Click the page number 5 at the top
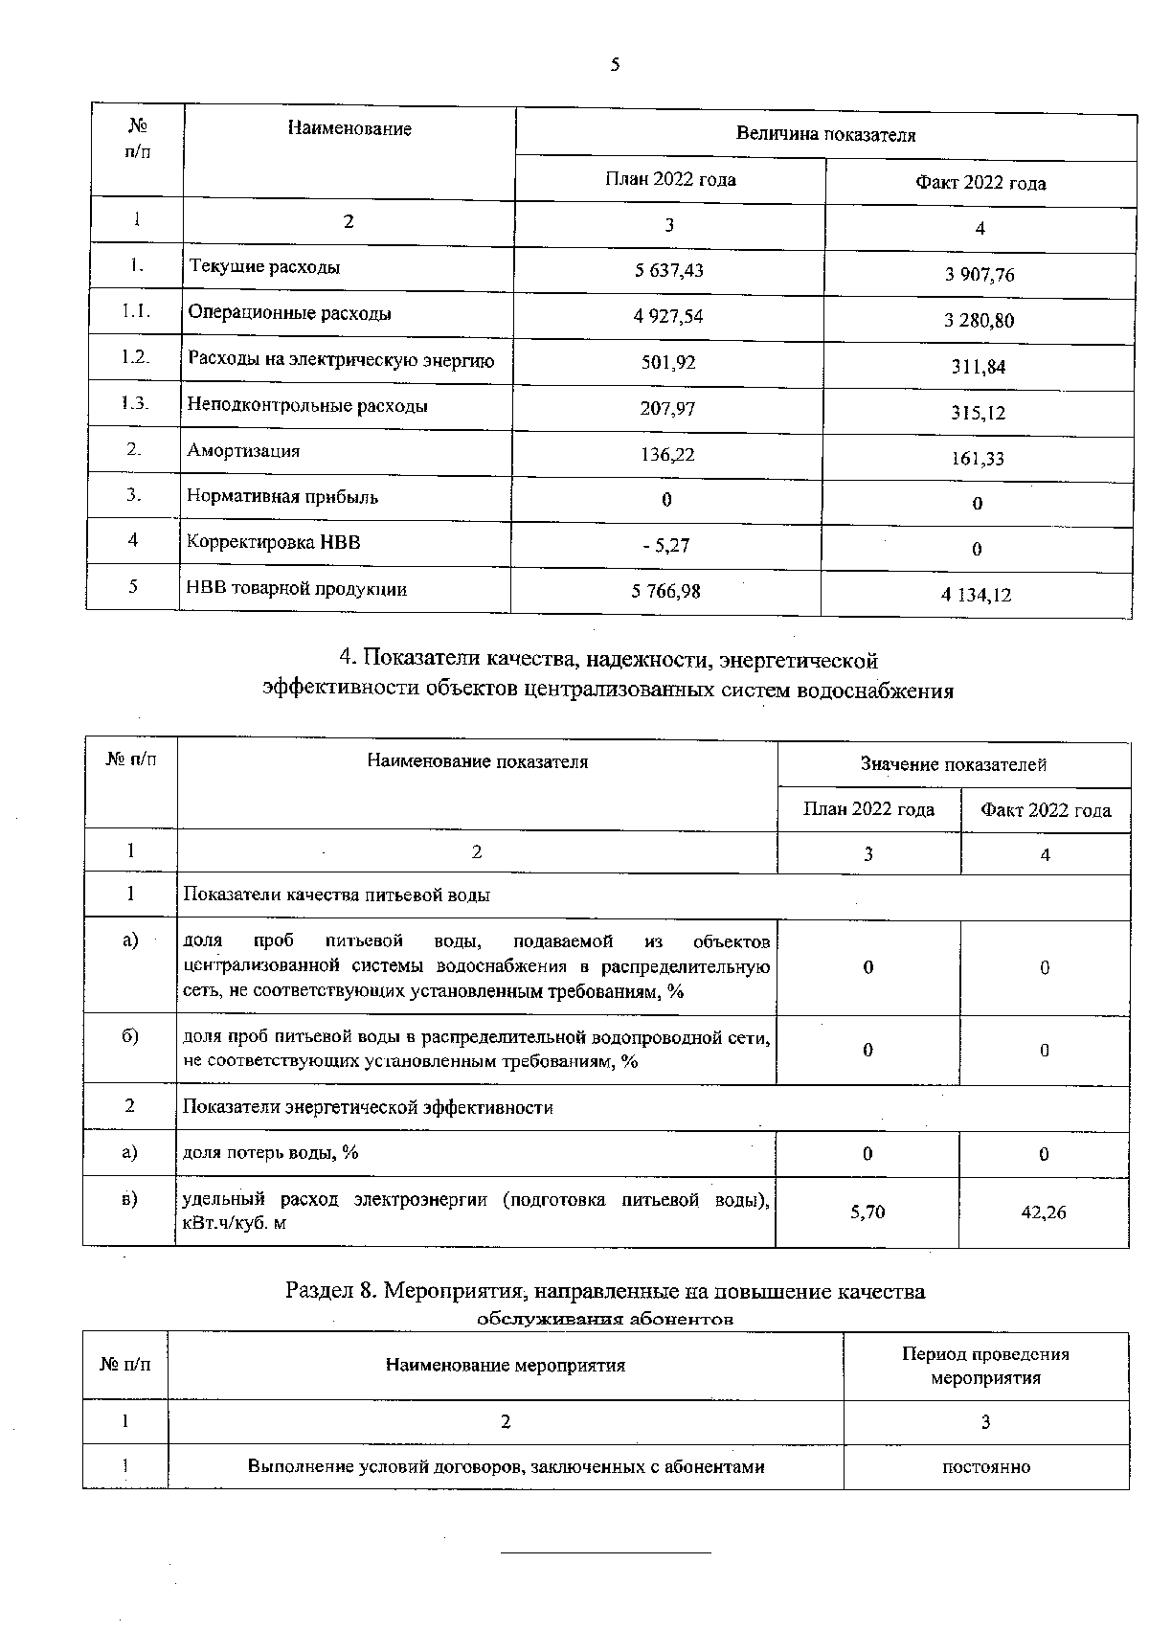pyautogui.click(x=615, y=65)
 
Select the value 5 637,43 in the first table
pyautogui.click(x=668, y=270)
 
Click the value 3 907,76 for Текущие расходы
pyautogui.click(x=979, y=275)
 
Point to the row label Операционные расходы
pyautogui.click(x=289, y=313)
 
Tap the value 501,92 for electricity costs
pyautogui.click(x=668, y=363)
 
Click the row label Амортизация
pyautogui.click(x=243, y=451)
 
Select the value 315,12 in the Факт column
pyautogui.click(x=979, y=413)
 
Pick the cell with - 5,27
pyautogui.click(x=666, y=546)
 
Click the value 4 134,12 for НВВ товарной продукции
pyautogui.click(x=977, y=595)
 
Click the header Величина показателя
pyautogui.click(x=825, y=135)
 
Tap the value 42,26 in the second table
pyautogui.click(x=1044, y=1212)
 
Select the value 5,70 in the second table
pyautogui.click(x=867, y=1212)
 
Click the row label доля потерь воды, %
pyautogui.click(x=270, y=1153)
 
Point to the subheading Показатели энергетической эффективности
pyautogui.click(x=368, y=1108)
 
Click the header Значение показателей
pyautogui.click(x=953, y=764)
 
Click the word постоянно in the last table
pyautogui.click(x=986, y=1467)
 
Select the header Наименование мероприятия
pyautogui.click(x=505, y=1366)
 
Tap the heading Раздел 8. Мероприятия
pyautogui.click(x=605, y=1291)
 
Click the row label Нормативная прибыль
pyautogui.click(x=282, y=497)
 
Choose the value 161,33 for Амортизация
pyautogui.click(x=978, y=459)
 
